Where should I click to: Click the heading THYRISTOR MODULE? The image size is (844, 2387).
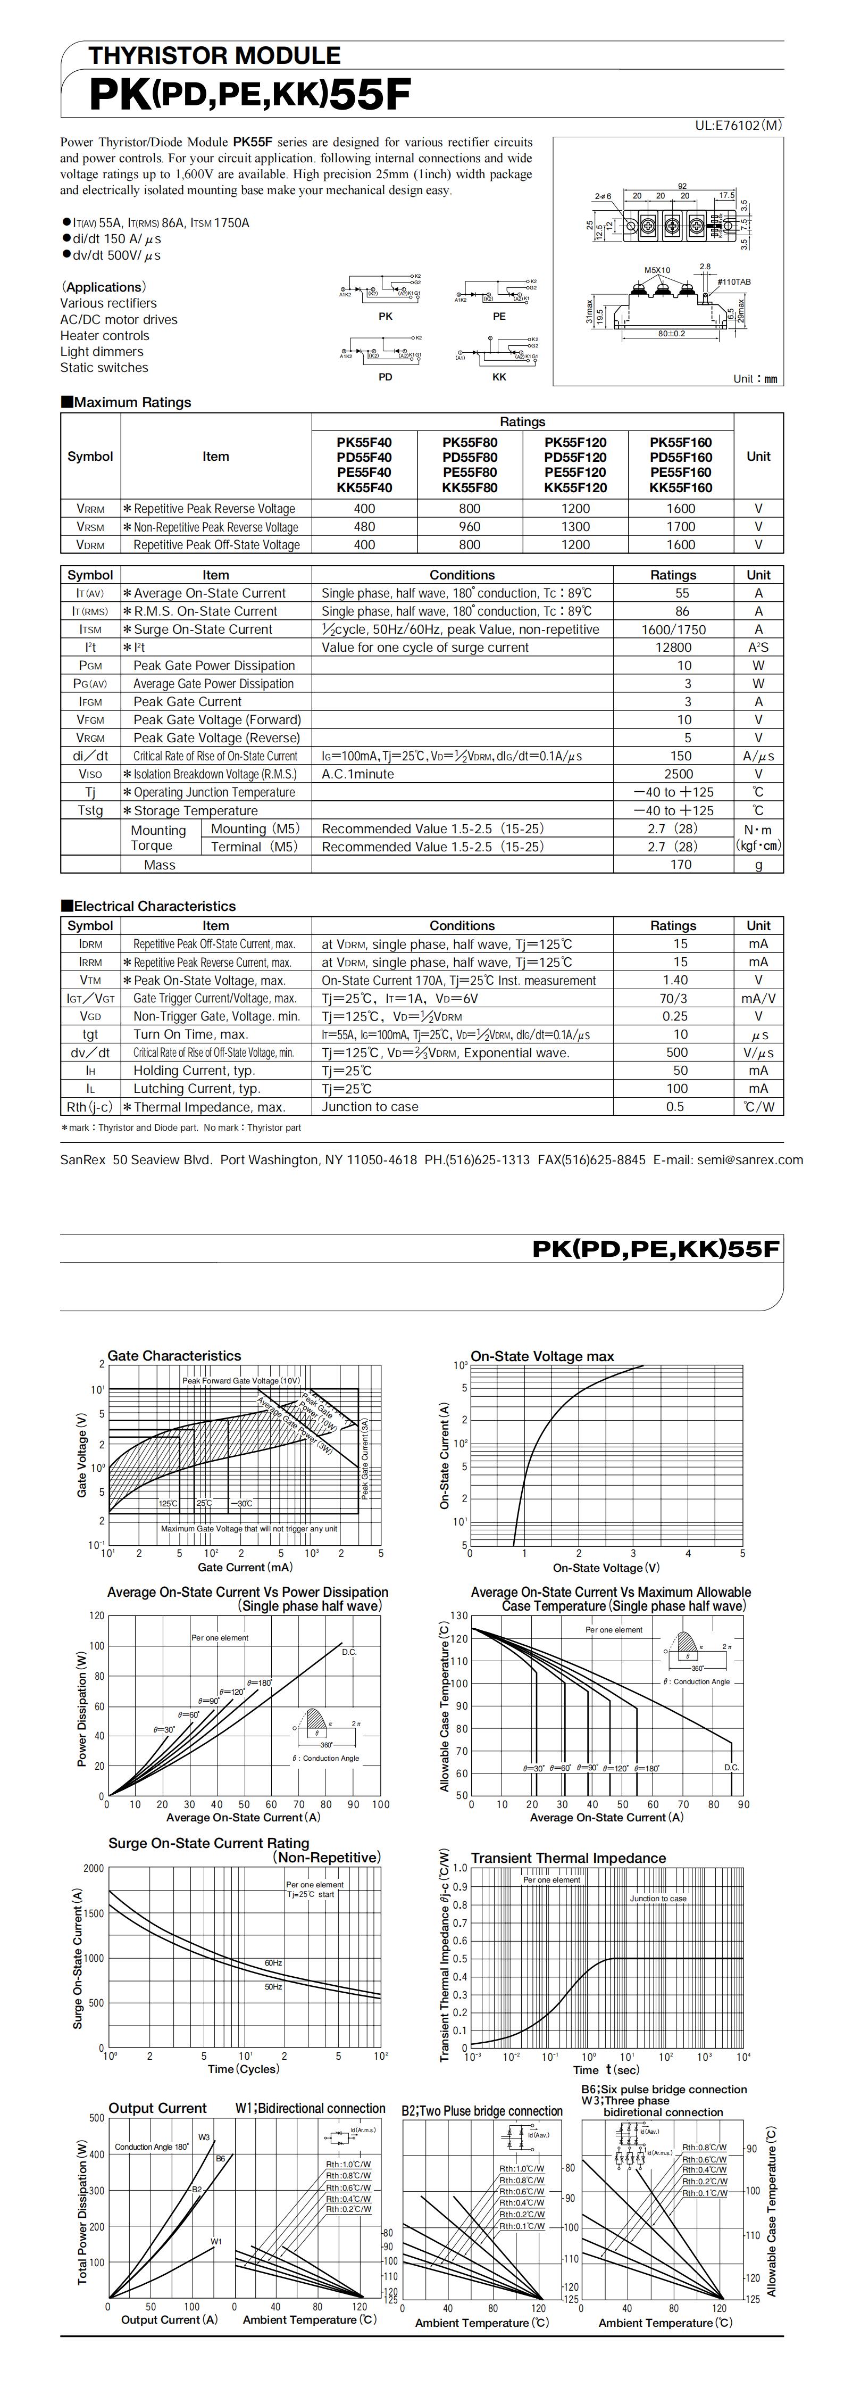[214, 55]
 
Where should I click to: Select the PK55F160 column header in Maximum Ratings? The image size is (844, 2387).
[680, 442]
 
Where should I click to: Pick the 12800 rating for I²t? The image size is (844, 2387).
[673, 648]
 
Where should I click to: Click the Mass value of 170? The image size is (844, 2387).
[680, 865]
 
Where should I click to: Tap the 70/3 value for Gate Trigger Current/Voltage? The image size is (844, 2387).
[673, 998]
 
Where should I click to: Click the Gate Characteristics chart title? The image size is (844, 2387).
[174, 1356]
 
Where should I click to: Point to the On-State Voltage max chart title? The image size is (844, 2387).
[542, 1356]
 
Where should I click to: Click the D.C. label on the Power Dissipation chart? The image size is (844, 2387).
[349, 1652]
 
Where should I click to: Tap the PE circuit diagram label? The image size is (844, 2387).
[499, 316]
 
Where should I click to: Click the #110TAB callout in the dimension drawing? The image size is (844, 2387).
[734, 281]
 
